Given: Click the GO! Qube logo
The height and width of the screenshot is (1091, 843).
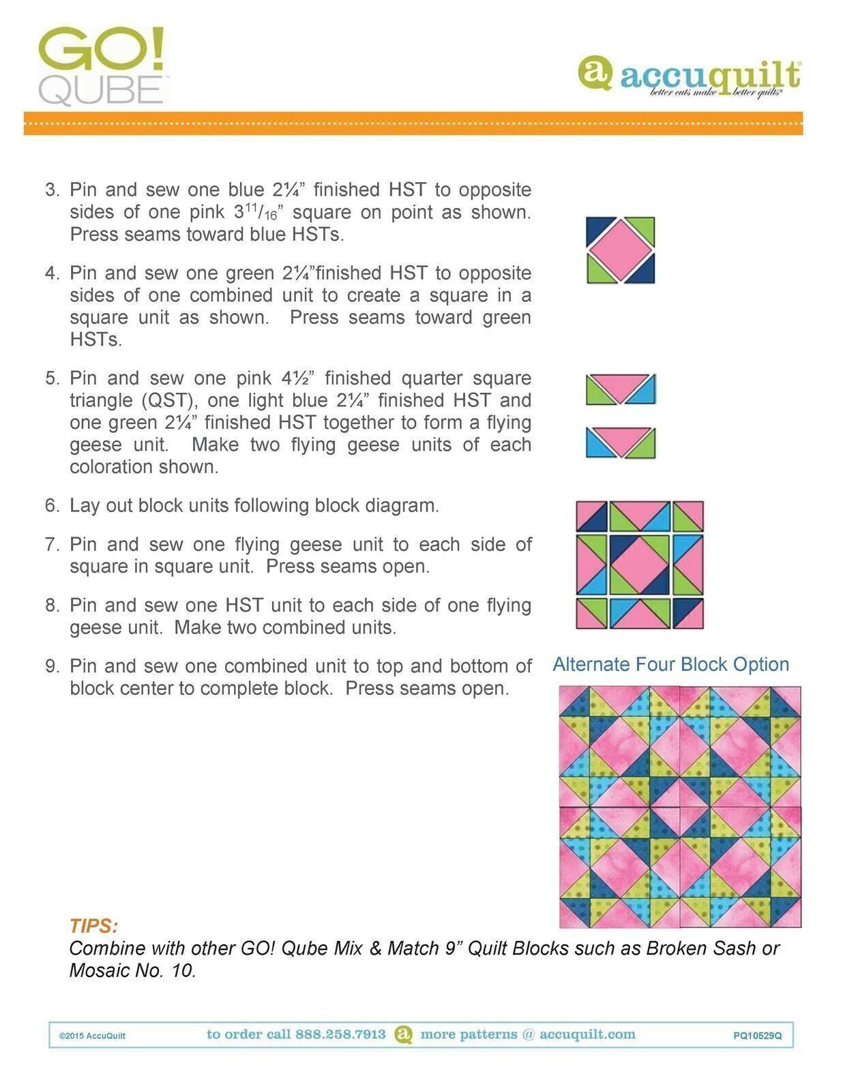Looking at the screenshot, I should [101, 66].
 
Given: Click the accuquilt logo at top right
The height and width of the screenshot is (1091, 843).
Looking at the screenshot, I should [689, 75].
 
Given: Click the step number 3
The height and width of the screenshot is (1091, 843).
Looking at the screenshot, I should [53, 190].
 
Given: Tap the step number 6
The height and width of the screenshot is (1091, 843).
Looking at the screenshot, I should [53, 506].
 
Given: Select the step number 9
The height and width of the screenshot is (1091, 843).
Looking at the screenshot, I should [53, 666].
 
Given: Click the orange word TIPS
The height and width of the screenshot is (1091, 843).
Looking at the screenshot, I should [93, 926].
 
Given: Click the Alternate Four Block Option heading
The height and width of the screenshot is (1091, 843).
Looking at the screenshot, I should [670, 664].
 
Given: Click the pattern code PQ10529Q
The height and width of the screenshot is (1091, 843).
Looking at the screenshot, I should [757, 1036].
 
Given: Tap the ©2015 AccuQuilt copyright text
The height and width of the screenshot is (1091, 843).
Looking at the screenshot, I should [92, 1036].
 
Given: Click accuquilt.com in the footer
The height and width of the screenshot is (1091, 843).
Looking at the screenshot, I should [587, 1034].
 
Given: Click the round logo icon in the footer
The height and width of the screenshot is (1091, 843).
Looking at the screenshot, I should [404, 1034].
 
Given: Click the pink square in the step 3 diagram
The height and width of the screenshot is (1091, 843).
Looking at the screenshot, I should [620, 250].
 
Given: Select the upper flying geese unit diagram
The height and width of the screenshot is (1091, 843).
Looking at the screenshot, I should [620, 389].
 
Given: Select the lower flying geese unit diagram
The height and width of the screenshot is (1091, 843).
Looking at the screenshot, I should [620, 443].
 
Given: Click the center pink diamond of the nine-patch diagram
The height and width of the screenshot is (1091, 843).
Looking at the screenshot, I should [639, 565].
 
